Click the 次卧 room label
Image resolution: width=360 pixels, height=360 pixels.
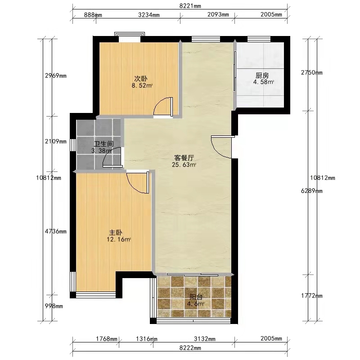tap(141, 79)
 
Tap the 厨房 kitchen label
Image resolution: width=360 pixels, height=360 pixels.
tap(262, 75)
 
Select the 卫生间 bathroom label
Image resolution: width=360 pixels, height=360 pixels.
tap(104, 144)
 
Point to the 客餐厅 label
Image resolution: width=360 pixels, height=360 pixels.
tap(184, 158)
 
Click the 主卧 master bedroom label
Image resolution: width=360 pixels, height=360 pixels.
tap(116, 233)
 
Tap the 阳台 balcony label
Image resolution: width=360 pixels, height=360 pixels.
tap(196, 297)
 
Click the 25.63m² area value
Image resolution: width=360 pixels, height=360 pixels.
tap(184, 165)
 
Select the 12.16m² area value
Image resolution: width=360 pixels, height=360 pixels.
tap(119, 239)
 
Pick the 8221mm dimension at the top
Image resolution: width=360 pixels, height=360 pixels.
tap(190, 6)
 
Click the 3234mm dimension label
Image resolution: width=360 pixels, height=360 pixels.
tap(149, 15)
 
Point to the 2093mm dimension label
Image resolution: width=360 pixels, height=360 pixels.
tap(218, 15)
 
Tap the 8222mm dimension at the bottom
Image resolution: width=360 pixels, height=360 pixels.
tap(190, 348)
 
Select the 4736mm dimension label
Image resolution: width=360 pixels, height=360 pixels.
tap(55, 231)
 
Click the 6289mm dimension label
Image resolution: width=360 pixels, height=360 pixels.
tap(311, 191)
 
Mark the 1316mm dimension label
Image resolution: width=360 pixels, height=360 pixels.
tap(147, 339)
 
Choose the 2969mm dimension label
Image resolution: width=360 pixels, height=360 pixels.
tap(55, 76)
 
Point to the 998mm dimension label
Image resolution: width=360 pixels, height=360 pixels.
tap(54, 306)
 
